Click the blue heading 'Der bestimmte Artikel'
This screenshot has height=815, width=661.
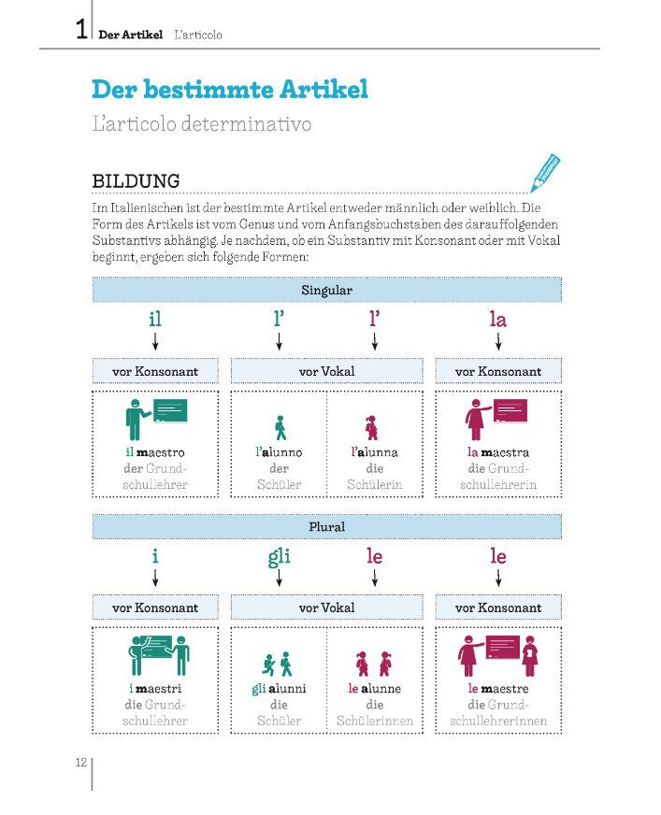[230, 90]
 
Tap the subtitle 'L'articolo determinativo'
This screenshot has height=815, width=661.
[202, 123]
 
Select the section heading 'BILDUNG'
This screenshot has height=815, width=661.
[136, 180]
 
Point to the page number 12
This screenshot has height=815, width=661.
[80, 762]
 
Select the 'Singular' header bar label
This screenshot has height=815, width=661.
[326, 290]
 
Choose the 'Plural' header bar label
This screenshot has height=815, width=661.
[326, 526]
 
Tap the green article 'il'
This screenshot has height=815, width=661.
[155, 320]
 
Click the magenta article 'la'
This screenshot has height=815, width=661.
[497, 320]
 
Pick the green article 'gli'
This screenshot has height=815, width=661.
[279, 557]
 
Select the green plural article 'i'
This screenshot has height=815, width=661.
[155, 557]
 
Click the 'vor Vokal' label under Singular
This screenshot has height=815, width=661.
[326, 371]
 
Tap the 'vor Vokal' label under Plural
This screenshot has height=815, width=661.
[326, 608]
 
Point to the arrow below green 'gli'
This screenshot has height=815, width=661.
[279, 579]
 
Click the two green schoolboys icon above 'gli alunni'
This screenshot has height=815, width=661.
[279, 664]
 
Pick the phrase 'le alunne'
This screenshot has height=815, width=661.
[374, 689]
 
